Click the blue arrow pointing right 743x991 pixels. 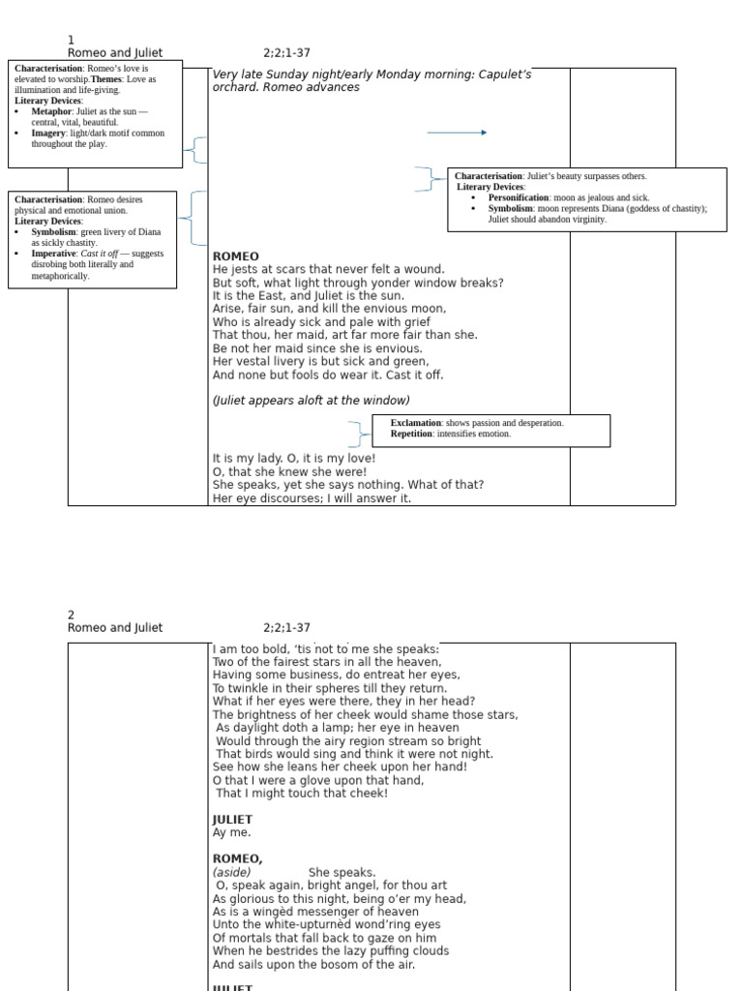point(457,133)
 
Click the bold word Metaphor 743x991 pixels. point(51,111)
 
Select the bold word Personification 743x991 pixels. point(519,197)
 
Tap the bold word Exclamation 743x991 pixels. point(416,423)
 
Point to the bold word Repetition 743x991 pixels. point(412,434)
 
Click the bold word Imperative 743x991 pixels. point(53,254)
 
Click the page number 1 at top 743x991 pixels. point(71,40)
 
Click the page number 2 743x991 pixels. point(71,615)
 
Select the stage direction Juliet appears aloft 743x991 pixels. point(311,401)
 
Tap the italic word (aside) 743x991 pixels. point(232,872)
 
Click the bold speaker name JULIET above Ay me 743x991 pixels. point(232,820)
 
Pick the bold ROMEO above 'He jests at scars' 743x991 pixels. point(235,256)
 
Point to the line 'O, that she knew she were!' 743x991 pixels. point(289,471)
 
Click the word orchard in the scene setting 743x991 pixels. point(236,87)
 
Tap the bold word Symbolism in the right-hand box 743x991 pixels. point(510,208)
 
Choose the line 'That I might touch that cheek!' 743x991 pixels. point(302,794)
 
